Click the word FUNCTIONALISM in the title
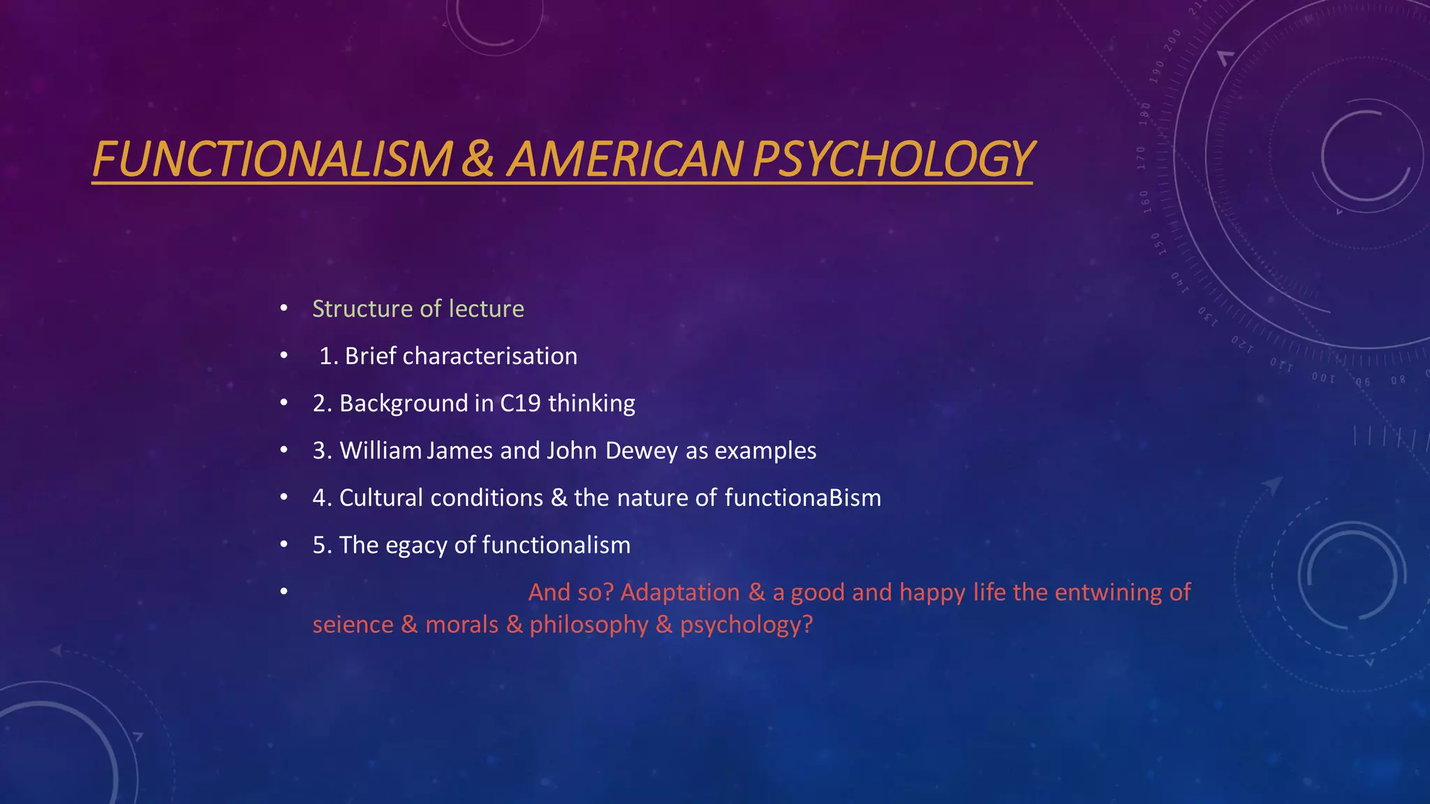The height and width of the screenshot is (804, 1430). pyautogui.click(x=273, y=159)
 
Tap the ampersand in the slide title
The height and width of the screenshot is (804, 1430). pyautogui.click(x=478, y=159)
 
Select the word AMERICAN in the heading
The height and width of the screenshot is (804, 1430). pyautogui.click(x=625, y=159)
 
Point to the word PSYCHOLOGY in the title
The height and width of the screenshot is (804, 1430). pyautogui.click(x=893, y=159)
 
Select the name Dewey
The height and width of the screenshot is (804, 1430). pyautogui.click(x=641, y=451)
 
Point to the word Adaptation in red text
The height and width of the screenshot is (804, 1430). pyautogui.click(x=679, y=593)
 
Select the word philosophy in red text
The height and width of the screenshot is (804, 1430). pyautogui.click(x=589, y=625)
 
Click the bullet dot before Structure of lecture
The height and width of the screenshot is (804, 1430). pyautogui.click(x=283, y=308)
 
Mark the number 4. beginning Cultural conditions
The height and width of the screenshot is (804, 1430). pyautogui.click(x=322, y=498)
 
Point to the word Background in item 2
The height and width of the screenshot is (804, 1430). pyautogui.click(x=404, y=403)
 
